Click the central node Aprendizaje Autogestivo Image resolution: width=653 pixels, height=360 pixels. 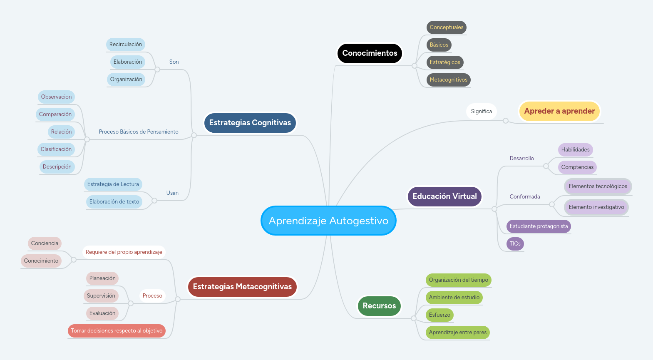[x=328, y=221]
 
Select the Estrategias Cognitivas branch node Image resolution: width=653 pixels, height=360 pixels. [x=250, y=123]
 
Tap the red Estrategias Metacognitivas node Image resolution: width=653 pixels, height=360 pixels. [x=242, y=287]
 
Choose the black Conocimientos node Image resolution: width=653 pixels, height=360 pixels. [x=370, y=53]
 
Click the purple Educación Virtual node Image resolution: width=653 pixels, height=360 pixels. [x=444, y=196]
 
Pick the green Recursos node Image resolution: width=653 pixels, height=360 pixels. [x=379, y=306]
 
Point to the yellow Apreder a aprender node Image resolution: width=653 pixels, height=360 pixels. [x=559, y=111]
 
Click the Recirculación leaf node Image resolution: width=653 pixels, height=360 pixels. [x=126, y=45]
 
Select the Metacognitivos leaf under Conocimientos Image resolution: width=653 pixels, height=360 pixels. [x=448, y=80]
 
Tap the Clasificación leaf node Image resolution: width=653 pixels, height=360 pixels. [x=56, y=149]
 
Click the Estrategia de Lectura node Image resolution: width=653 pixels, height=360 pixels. [x=113, y=184]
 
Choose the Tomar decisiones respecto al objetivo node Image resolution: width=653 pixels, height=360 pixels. [x=117, y=331]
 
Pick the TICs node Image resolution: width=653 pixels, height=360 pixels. [x=515, y=244]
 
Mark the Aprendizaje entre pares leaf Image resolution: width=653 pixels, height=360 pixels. [x=457, y=333]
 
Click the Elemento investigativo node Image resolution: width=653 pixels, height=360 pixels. [x=596, y=207]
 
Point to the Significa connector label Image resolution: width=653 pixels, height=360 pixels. [x=481, y=112]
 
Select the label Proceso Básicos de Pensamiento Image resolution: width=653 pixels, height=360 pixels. [x=139, y=132]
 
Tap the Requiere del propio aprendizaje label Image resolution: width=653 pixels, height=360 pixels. [x=124, y=252]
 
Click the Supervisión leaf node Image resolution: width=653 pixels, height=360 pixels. [x=101, y=296]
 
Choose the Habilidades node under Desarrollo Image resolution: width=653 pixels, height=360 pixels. [x=575, y=150]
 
